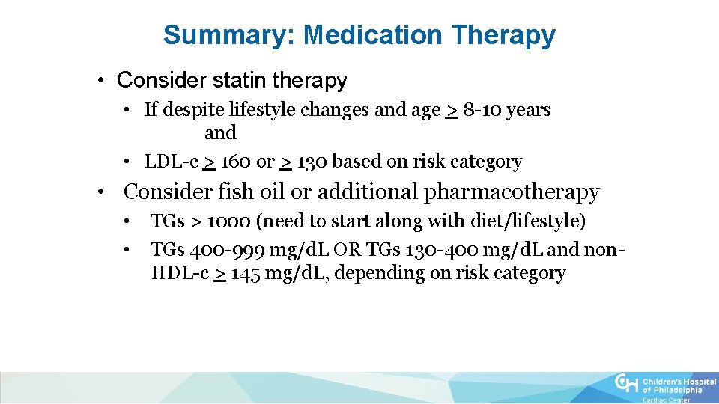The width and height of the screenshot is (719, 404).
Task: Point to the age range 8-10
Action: click(482, 110)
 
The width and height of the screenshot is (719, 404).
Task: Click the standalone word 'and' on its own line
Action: click(220, 133)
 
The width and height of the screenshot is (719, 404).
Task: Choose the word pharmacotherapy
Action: click(512, 192)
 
